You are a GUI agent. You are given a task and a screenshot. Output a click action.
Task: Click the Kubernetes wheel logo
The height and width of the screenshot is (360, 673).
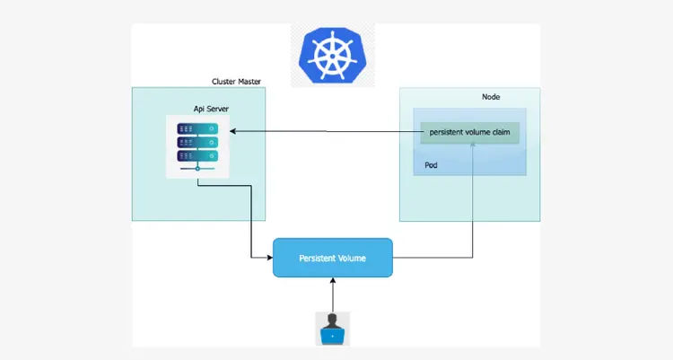[333, 55]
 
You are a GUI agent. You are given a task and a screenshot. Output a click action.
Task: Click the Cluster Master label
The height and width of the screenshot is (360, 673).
[237, 82]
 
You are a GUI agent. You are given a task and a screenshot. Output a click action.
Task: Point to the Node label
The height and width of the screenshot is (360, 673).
[491, 97]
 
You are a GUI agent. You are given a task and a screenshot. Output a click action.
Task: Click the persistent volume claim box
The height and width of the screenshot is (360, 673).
[469, 133]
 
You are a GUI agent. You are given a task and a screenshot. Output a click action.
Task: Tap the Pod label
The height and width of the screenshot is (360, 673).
[432, 166]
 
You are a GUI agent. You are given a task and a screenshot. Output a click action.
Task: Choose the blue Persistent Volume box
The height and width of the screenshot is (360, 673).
[332, 258]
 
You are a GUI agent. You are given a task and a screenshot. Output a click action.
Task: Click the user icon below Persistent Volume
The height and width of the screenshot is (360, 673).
[333, 329]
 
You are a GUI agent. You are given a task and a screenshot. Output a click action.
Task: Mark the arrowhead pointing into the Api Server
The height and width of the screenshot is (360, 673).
[232, 133]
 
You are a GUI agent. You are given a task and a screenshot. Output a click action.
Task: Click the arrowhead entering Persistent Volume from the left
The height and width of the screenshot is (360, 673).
[269, 258]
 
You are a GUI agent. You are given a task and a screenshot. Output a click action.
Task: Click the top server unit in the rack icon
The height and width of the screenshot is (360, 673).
[197, 128]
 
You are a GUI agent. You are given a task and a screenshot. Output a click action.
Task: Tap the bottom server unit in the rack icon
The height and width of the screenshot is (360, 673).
[197, 155]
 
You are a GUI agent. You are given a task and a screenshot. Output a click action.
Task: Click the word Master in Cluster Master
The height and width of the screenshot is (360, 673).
[249, 82]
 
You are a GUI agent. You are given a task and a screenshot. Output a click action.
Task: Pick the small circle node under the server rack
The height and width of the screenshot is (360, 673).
[197, 168]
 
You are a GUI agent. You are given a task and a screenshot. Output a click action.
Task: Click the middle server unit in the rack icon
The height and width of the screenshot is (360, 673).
[197, 142]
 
